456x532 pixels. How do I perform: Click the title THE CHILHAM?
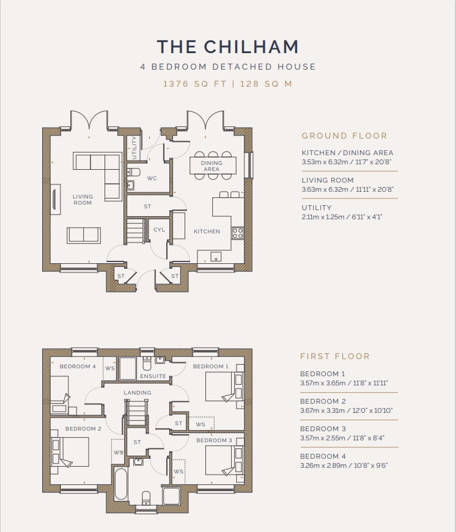click(228, 46)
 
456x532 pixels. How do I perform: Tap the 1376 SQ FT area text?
click(195, 84)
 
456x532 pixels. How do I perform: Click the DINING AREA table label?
click(211, 166)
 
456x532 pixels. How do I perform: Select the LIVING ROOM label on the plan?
click(83, 200)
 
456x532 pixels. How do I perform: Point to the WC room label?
click(152, 178)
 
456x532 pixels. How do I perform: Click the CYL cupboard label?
click(159, 230)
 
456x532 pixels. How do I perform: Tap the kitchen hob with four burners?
click(237, 233)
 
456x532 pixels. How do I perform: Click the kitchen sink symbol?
click(216, 257)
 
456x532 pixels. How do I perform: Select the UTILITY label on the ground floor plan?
click(134, 148)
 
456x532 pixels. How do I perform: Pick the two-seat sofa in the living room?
click(84, 235)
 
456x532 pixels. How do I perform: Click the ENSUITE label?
click(153, 376)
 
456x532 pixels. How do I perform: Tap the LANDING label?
click(138, 393)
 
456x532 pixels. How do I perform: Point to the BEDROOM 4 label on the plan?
click(78, 366)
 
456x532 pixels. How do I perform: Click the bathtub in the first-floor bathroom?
click(121, 484)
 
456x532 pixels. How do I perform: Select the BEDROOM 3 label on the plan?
click(215, 440)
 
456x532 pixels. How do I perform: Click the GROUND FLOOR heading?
click(344, 136)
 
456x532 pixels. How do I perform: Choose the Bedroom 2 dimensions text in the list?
click(347, 410)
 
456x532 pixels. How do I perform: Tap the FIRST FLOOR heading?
click(335, 356)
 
